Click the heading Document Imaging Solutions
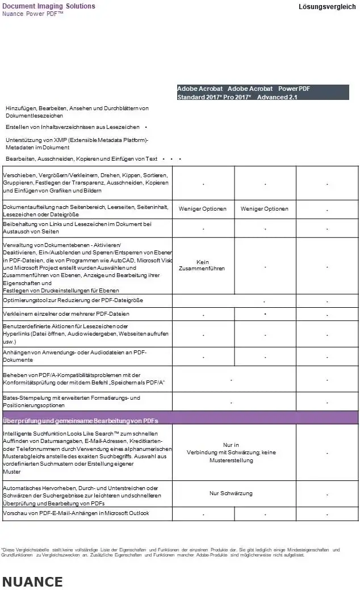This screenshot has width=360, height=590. point(49,6)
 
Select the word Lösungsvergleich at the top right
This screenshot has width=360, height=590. point(327,7)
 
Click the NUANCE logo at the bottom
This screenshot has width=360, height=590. point(32,581)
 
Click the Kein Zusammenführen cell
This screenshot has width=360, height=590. point(203,265)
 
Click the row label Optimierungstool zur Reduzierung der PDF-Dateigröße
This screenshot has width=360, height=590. point(73,300)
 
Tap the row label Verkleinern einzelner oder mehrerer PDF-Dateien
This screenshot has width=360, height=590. point(66,313)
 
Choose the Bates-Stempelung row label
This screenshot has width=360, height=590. point(72,401)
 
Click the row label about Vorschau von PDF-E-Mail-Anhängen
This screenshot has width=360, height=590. point(76,513)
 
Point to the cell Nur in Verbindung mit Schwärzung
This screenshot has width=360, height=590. point(231,453)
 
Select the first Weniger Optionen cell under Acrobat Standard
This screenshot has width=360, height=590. point(203,209)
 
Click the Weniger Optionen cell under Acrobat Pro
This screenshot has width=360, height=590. point(265,209)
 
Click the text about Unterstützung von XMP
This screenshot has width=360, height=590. point(77,143)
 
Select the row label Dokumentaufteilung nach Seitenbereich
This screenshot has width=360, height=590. point(86,211)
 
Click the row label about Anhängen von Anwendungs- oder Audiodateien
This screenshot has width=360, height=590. point(75,356)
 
